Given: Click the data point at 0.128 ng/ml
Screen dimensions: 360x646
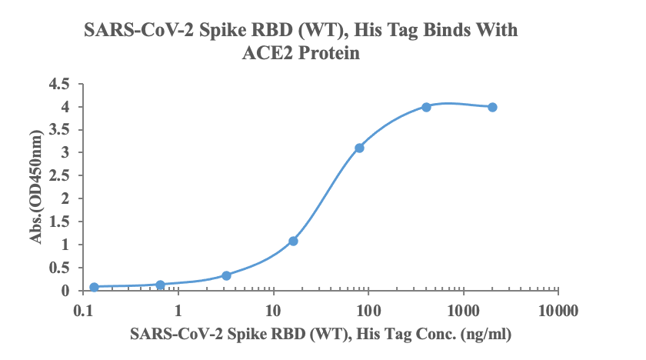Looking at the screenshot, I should coord(94,287).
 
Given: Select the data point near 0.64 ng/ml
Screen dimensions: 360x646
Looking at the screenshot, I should coord(160,285).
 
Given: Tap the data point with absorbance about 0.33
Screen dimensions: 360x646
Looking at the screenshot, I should coord(226,275).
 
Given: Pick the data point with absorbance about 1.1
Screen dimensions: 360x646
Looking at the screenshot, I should coord(293,241).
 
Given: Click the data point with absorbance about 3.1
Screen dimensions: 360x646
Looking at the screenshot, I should coord(359,148).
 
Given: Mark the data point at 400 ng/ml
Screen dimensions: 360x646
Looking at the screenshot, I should coord(426,107).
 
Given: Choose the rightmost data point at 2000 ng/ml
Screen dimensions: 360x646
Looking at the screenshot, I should coord(492,107).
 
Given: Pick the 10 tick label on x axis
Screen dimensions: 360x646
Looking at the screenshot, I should coord(273,312).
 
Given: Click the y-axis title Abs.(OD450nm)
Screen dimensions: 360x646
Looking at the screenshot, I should coord(36,187).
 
